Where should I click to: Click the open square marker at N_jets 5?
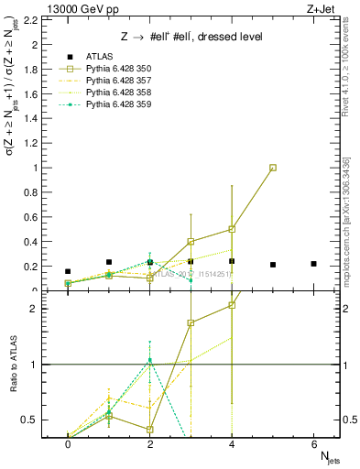pyautogui.click(x=273, y=168)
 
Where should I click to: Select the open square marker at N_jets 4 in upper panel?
pyautogui.click(x=232, y=229)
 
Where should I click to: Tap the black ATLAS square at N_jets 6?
pyautogui.click(x=314, y=264)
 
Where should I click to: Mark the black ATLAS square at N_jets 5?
pyautogui.click(x=273, y=265)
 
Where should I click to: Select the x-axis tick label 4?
pyautogui.click(x=232, y=443)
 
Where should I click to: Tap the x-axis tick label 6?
pyautogui.click(x=314, y=443)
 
